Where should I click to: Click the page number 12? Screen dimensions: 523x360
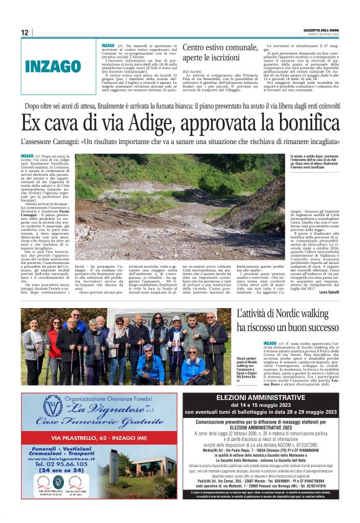click(x=24, y=32)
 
